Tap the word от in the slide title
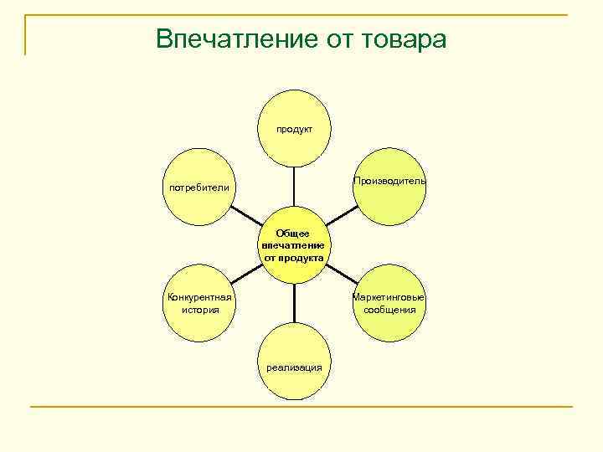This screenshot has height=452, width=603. [329, 39]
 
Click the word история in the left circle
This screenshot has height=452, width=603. [199, 310]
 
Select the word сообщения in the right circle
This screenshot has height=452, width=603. [389, 310]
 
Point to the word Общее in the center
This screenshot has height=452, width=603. [294, 233]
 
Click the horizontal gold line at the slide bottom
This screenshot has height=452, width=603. [301, 407]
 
